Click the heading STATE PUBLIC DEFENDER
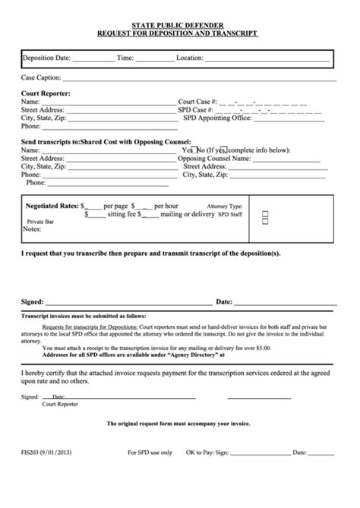click(x=179, y=25)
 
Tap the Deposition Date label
click(x=47, y=58)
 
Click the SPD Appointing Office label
click(x=214, y=118)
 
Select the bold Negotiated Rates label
click(x=52, y=206)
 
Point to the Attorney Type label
click(x=225, y=206)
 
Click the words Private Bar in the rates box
click(x=39, y=221)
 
